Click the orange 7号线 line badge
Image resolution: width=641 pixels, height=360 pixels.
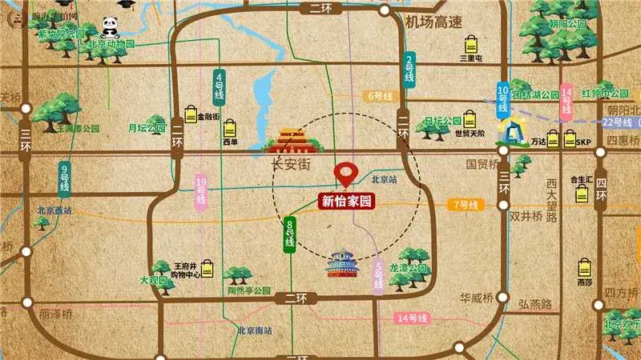coord(466,205)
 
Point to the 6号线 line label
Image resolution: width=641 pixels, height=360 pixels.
coord(380,96)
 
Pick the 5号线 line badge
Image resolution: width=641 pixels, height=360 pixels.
coord(378,278)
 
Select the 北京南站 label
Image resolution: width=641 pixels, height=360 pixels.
coord(254,330)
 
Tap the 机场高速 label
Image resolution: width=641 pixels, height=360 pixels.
coord(434,22)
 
